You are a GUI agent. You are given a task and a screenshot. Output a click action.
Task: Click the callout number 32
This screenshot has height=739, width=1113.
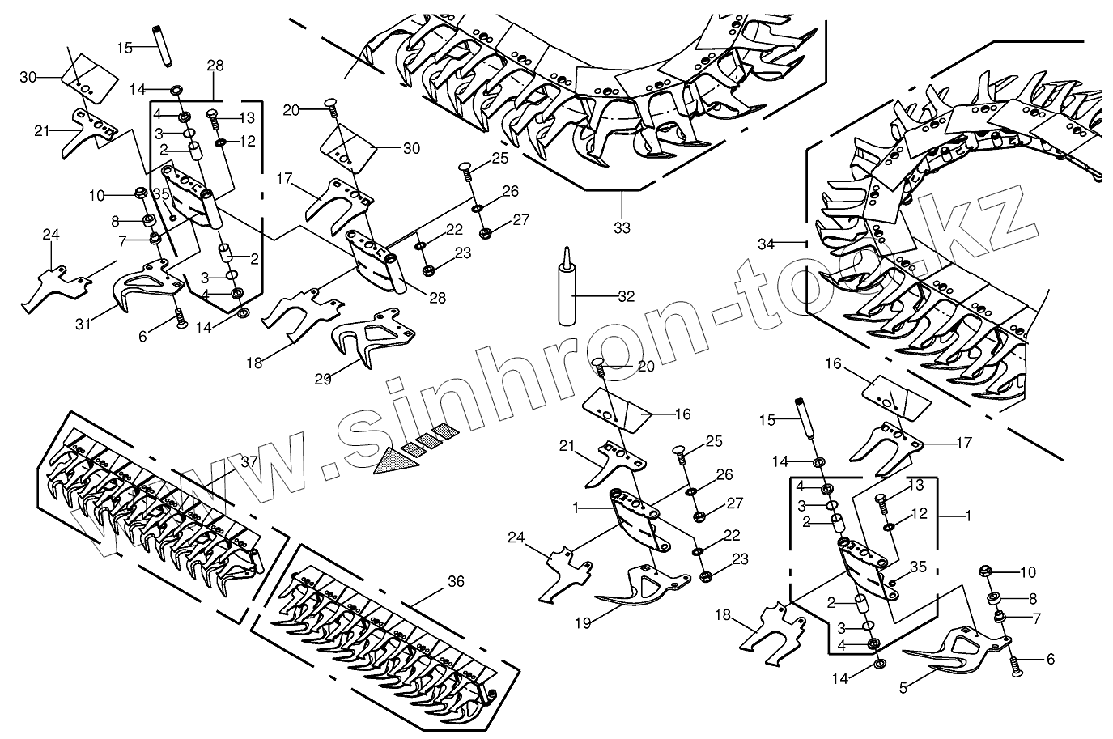coord(626,295)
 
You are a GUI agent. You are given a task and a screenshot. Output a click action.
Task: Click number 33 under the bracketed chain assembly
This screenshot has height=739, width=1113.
coord(621,227)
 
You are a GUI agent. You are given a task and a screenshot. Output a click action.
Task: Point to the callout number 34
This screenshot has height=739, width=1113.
coord(766,243)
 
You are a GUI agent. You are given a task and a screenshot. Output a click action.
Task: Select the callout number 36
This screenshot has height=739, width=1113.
coord(457,581)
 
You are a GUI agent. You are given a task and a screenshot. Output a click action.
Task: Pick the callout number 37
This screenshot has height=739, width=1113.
coord(249,461)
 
